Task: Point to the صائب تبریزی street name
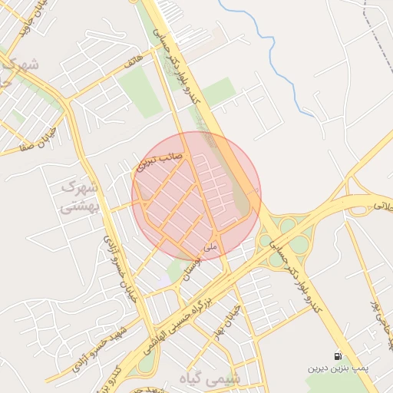point(159,159)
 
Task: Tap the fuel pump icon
point(338,356)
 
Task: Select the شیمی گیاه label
point(235,378)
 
